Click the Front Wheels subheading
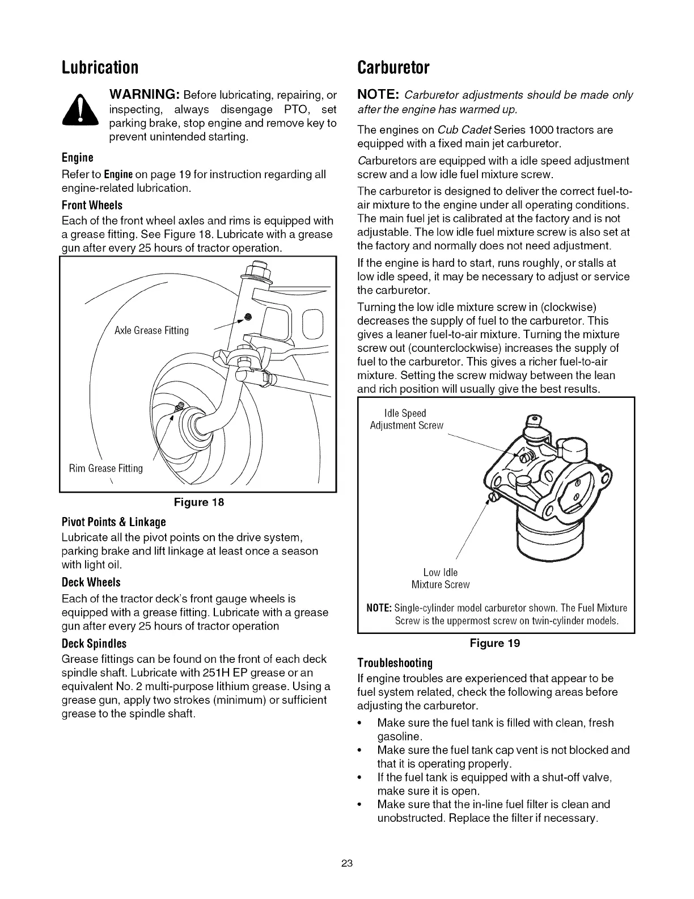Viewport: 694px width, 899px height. [x=92, y=205]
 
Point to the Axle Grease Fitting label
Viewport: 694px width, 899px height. [x=151, y=330]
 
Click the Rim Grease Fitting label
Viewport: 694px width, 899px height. [x=106, y=468]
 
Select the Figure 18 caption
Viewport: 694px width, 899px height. [x=198, y=502]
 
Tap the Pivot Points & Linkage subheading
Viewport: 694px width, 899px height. [x=113, y=522]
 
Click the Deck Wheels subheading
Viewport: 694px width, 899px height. [x=91, y=582]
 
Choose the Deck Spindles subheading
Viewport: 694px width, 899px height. [x=94, y=644]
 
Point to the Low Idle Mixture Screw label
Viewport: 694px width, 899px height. [x=441, y=578]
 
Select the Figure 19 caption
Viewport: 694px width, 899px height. [x=494, y=643]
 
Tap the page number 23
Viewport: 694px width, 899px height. [x=347, y=863]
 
